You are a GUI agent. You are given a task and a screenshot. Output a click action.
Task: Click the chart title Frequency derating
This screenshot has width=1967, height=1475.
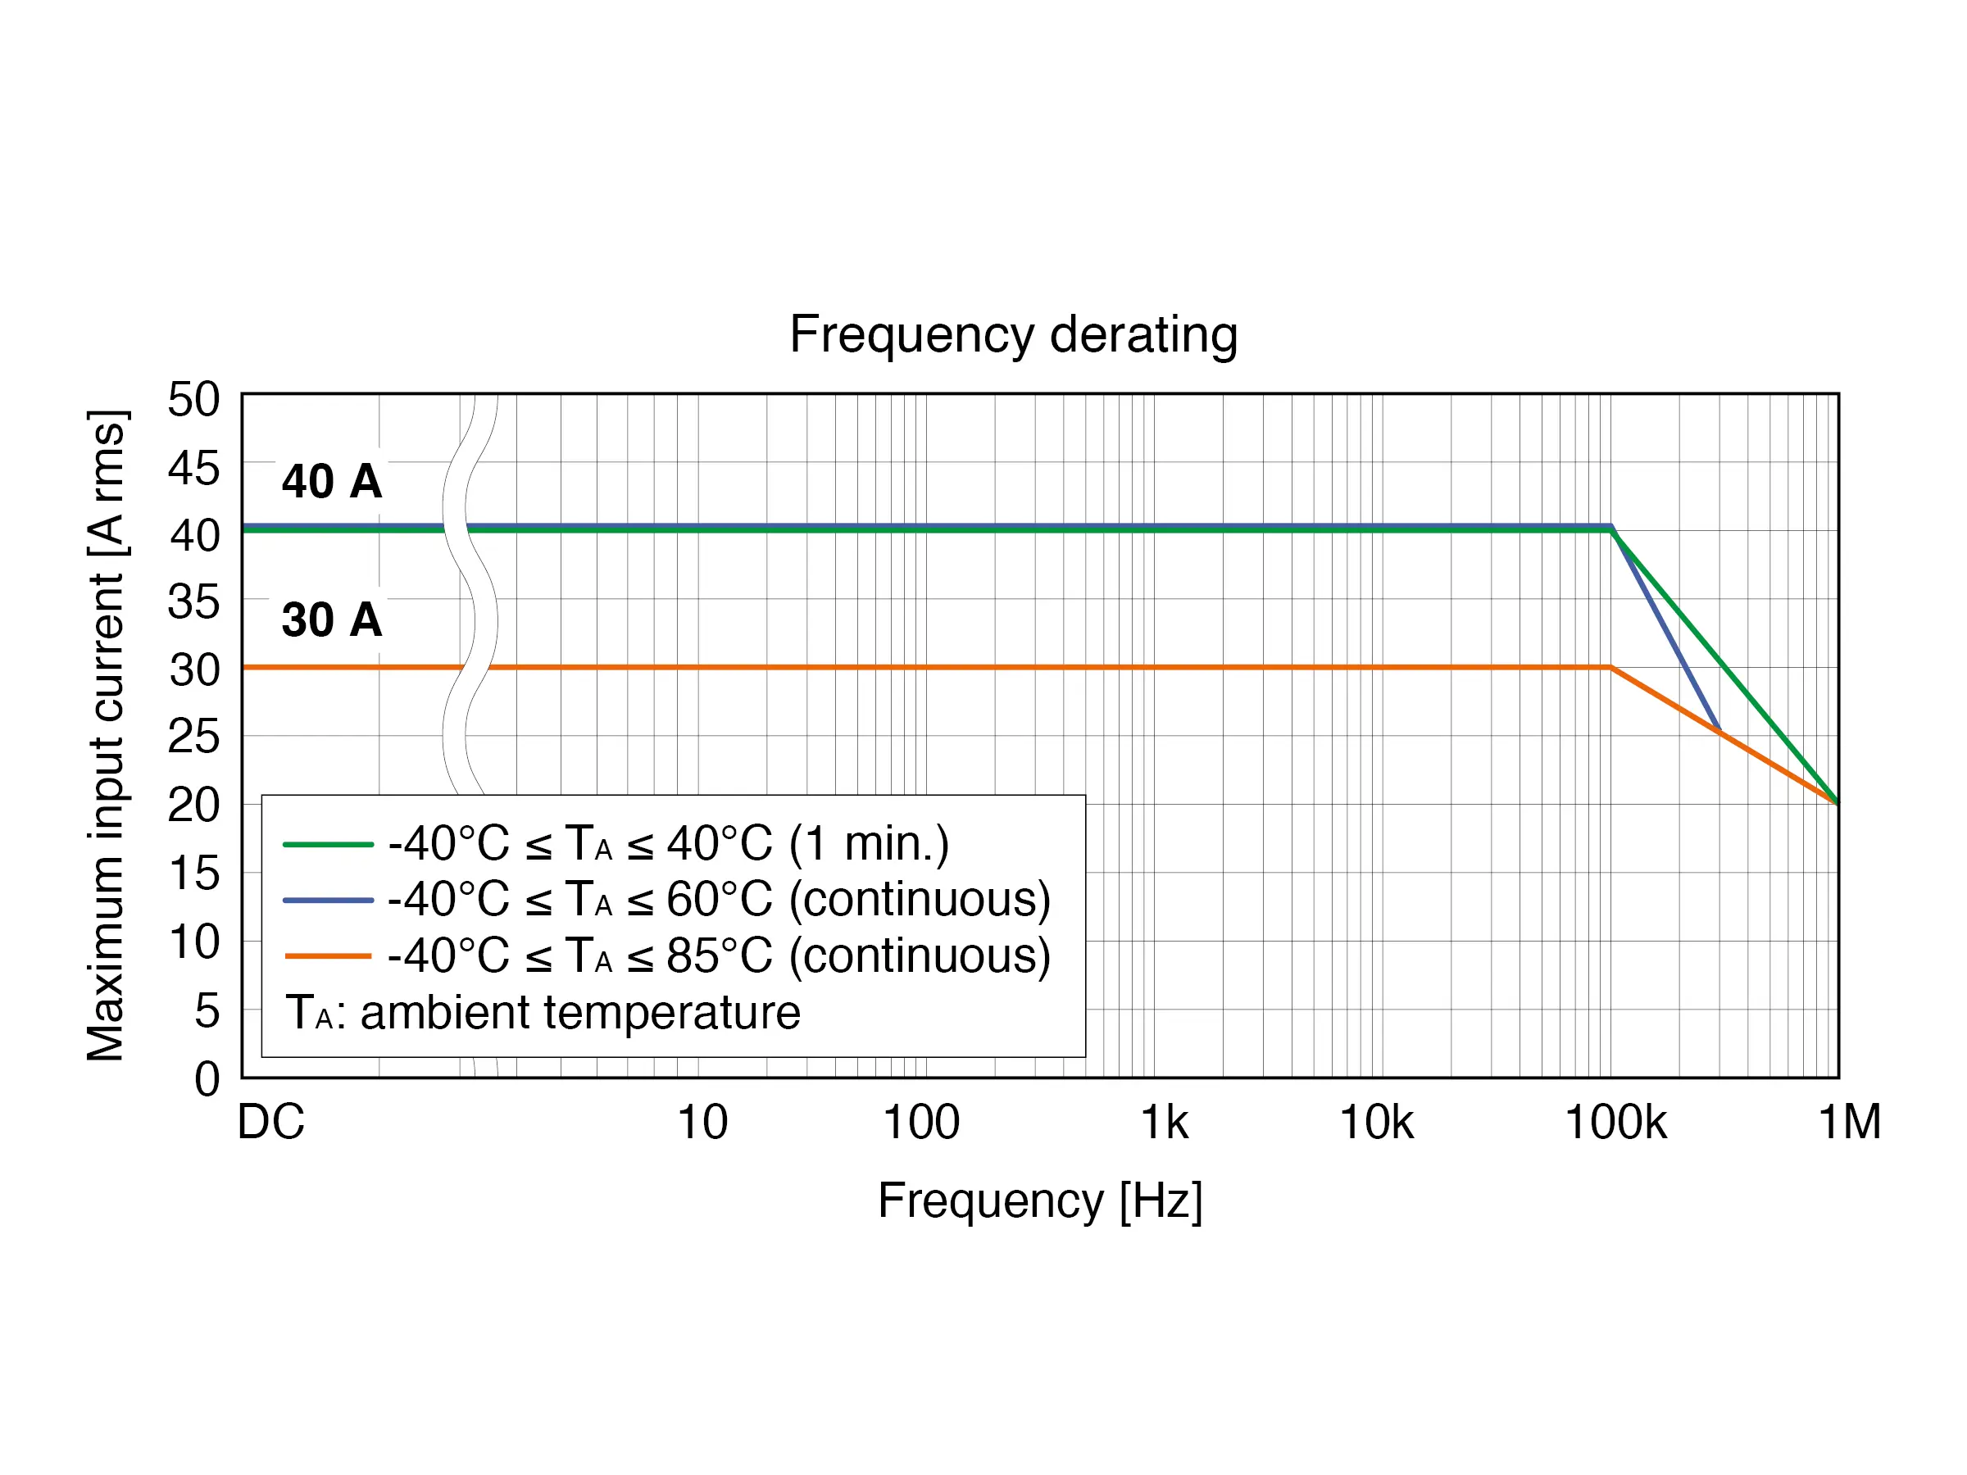pos(1013,335)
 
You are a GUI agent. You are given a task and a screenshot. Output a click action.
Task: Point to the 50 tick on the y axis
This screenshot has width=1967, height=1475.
pos(194,399)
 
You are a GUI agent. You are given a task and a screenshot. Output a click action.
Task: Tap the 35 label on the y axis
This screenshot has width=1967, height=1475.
pos(194,602)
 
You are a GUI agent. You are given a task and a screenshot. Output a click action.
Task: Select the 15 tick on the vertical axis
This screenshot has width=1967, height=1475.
pos(194,873)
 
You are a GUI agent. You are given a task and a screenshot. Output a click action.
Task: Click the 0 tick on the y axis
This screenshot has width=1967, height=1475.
pos(207,1078)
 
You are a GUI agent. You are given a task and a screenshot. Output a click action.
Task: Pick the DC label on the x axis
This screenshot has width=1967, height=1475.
pos(270,1122)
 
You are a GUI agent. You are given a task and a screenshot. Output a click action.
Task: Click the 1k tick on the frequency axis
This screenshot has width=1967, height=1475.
pos(1163,1122)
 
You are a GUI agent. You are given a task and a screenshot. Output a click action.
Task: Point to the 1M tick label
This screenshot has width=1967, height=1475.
pos(1849,1122)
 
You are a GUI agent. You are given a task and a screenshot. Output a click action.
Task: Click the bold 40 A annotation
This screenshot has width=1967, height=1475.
pos(332,481)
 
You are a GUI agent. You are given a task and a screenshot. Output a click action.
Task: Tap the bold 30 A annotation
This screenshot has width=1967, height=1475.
pos(332,619)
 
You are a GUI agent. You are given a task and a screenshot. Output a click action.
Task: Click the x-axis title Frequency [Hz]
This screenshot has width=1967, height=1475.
pos(1039,1200)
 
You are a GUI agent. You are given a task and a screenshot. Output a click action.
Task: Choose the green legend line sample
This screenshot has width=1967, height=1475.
pos(327,844)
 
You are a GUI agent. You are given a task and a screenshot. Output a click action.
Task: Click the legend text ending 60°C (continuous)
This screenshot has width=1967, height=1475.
pos(719,900)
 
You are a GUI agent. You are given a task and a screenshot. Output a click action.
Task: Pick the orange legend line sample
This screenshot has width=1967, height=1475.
pos(327,956)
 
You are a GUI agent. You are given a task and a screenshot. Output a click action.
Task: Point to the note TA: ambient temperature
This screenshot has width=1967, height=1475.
pos(543,1013)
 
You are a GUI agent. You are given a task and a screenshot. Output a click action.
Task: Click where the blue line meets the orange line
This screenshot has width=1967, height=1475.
pos(1719,730)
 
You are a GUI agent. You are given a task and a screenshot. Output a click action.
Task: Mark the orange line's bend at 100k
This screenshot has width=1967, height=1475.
pos(1610,667)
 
